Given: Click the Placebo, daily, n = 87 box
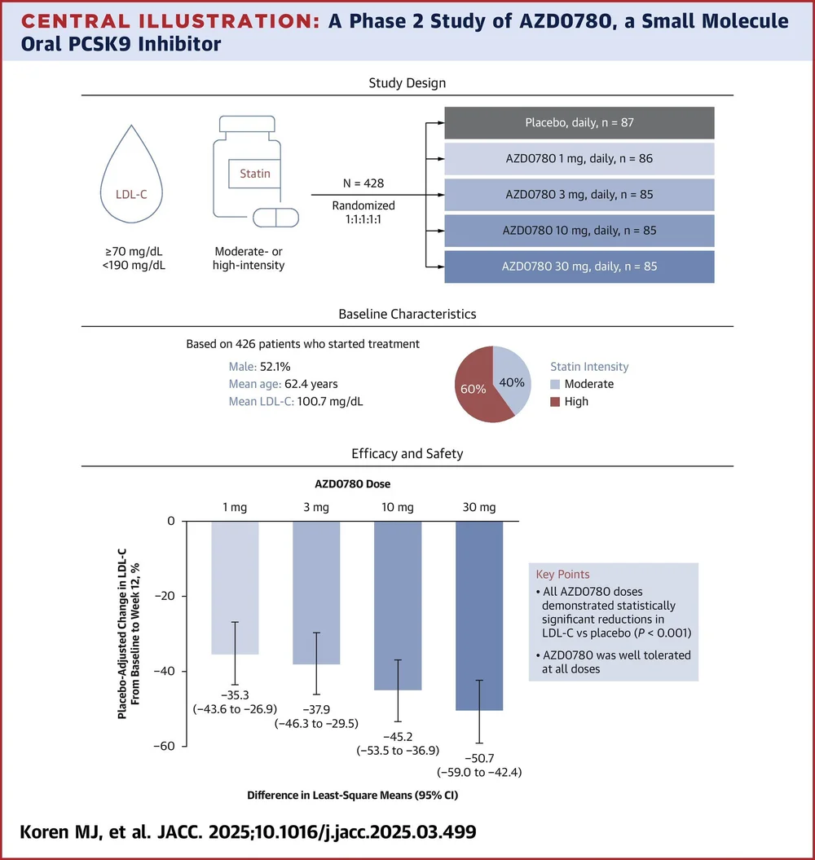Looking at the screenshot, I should pos(579,123).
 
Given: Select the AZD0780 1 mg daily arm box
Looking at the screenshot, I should pos(579,159).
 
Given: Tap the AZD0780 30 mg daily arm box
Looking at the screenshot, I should pos(579,267).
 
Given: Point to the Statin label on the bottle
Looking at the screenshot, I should pos(255,173).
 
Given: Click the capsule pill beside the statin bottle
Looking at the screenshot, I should pos(275,218).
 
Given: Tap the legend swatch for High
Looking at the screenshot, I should pos(555,402).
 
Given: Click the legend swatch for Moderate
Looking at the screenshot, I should pos(555,384).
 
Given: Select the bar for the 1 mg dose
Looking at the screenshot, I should pos(235,587).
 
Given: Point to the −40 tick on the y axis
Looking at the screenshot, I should pos(167,671).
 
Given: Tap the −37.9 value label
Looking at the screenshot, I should pos(316,708).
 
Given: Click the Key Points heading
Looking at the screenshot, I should pos(563,574).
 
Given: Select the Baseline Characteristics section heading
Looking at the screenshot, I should pos(407,314).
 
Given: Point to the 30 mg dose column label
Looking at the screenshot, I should pos(479,507).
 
